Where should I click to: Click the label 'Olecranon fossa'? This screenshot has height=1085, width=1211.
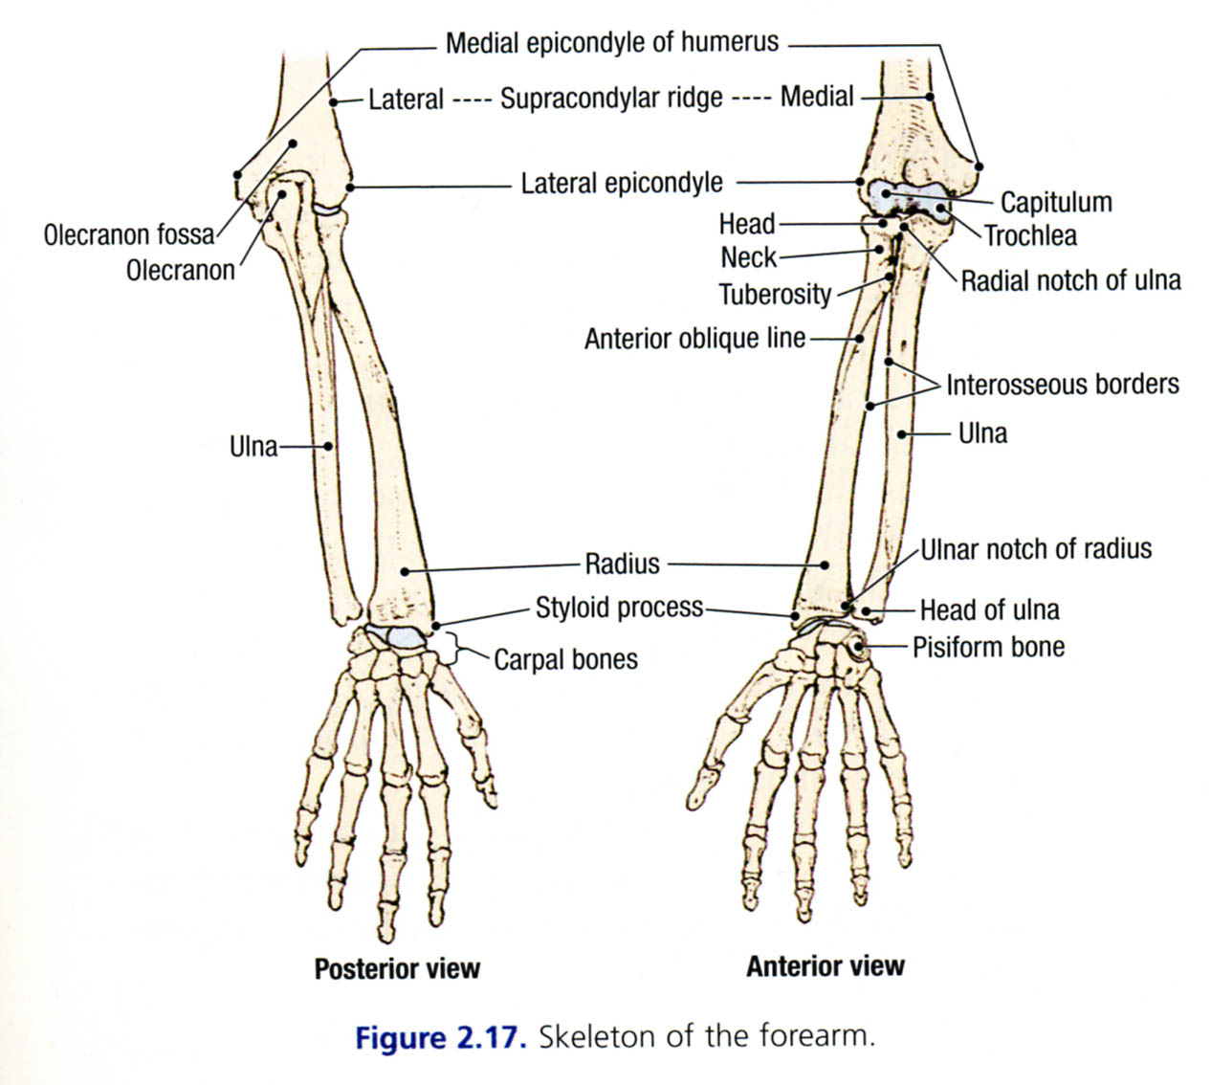[x=129, y=234]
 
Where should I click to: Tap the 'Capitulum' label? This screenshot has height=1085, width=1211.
[x=1055, y=203]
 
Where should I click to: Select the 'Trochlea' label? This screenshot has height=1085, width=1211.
[x=1030, y=235]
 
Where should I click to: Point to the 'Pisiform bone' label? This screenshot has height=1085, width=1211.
[x=988, y=647]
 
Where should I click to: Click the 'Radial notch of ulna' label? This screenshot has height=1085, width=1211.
[x=1070, y=280]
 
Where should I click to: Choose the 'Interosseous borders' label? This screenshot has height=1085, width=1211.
[x=1062, y=385]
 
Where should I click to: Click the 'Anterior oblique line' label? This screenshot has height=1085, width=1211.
[x=694, y=339]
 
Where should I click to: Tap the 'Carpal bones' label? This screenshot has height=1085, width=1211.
[x=565, y=659]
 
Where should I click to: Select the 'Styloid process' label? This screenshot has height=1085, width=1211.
[x=619, y=608]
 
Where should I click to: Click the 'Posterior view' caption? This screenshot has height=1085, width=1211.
[x=397, y=968]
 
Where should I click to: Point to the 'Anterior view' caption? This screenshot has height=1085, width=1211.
[x=825, y=965]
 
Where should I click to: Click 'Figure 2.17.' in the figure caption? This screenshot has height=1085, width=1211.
[x=441, y=1038]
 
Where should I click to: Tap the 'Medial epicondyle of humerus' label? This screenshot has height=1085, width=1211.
[x=612, y=43]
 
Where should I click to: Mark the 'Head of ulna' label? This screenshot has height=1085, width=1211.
[x=989, y=609]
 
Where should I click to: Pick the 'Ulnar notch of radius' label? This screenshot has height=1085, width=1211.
[x=1036, y=549]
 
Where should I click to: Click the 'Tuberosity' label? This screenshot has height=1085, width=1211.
[x=775, y=294]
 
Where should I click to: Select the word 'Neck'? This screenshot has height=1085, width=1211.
[x=748, y=257]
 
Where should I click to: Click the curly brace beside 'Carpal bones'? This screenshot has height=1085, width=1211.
[x=453, y=649]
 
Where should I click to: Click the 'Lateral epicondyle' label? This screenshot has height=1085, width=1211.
[x=622, y=183]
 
